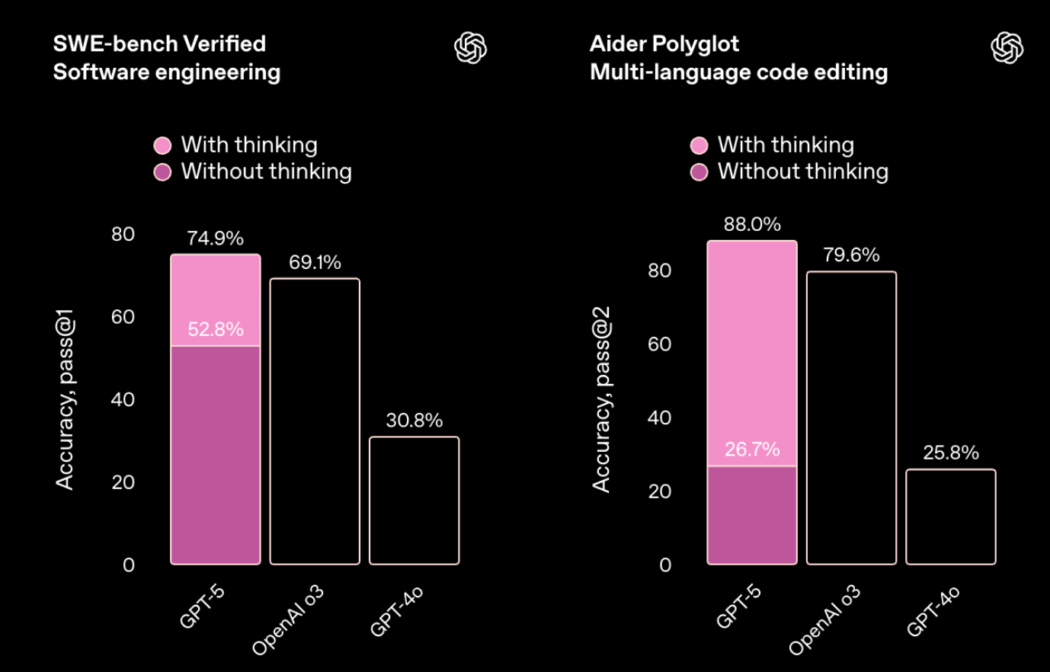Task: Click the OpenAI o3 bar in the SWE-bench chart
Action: pos(315,421)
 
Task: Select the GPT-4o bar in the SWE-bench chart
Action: pos(414,501)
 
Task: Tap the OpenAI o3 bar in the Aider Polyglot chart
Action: pos(851,418)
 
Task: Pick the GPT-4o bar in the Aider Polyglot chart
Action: pos(950,517)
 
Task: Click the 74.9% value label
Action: pos(216,238)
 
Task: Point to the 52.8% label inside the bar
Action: pos(216,329)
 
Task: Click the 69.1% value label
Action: pos(315,263)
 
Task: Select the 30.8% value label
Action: pos(414,421)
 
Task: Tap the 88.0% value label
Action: pos(752,225)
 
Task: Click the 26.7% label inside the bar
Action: pos(752,450)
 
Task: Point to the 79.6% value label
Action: pos(851,255)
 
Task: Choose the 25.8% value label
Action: pos(950,453)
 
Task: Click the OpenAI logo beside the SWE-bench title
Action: pos(470,48)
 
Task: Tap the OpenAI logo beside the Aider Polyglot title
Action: pos(1007,48)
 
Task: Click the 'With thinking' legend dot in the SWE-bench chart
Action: pos(162,146)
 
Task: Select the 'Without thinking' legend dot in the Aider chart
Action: pos(699,172)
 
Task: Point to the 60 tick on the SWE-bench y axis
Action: pos(123,317)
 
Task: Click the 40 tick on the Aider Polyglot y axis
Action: pos(659,418)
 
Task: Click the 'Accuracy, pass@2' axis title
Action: pos(602,400)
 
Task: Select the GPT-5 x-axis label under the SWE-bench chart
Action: pos(202,606)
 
